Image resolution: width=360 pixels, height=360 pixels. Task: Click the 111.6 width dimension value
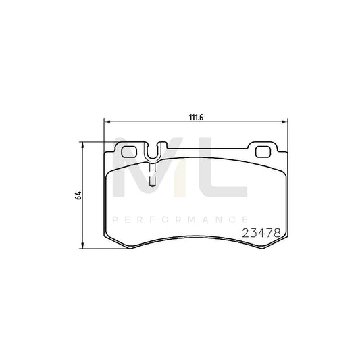click(196, 116)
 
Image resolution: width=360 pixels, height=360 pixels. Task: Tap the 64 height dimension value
click(78, 195)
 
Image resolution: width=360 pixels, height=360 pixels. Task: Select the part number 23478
click(260, 231)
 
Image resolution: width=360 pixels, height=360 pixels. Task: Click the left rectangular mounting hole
click(128, 151)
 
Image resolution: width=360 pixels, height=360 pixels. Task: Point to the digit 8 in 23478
click(276, 231)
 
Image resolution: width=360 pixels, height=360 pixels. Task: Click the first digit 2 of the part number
click(245, 231)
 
